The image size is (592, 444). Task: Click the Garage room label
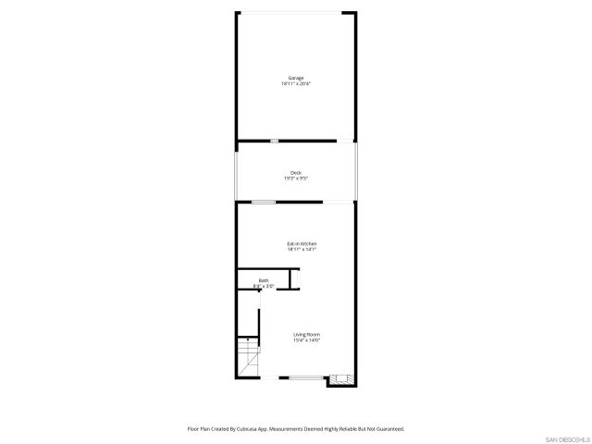pos(296,78)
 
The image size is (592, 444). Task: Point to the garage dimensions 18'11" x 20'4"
pos(296,84)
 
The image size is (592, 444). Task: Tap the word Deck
pos(296,172)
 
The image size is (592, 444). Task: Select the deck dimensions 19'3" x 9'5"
pos(296,179)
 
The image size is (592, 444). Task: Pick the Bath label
pos(264,280)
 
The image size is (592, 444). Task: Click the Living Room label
pos(307,334)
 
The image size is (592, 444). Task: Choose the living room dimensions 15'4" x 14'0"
pos(307,340)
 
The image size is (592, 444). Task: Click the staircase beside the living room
pos(248,357)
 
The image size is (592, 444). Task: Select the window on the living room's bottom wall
pos(302,377)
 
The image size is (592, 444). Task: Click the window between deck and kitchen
pos(264,202)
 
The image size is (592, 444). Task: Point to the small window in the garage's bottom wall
pos(274,141)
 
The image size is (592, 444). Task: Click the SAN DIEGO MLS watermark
pos(565,438)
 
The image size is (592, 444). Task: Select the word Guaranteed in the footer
pos(387,429)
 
